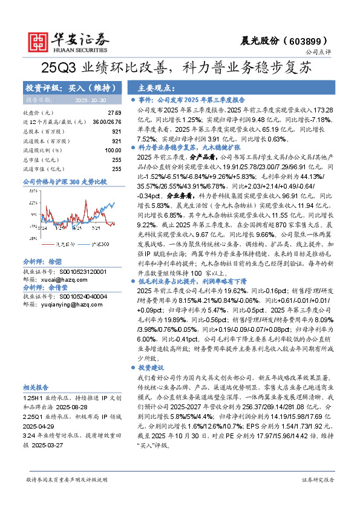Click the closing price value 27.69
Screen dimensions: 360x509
click(115, 113)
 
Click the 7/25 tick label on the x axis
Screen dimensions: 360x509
click(96, 229)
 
